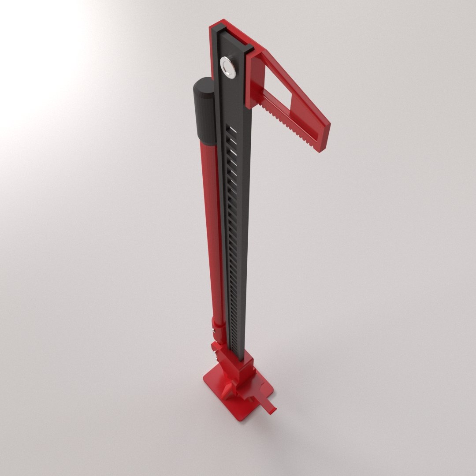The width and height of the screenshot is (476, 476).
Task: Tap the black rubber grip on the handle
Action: point(203,110)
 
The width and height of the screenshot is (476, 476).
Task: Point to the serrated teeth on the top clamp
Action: point(291,126)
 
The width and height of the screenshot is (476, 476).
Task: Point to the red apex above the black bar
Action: point(220,24)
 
